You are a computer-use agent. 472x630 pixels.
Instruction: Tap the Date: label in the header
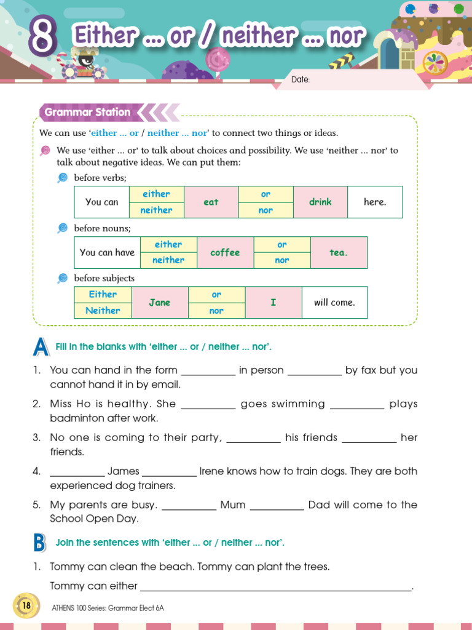[x=300, y=79]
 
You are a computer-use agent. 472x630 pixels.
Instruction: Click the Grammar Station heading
[x=87, y=112]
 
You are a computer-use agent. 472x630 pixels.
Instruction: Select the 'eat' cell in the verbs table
[x=211, y=202]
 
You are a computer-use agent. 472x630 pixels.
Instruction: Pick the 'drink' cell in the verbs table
[x=320, y=202]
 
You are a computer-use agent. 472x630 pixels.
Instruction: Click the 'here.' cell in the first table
[x=375, y=202]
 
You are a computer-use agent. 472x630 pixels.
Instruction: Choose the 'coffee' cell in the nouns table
[x=225, y=252]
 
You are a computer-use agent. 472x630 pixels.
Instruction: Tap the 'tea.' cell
[x=339, y=252]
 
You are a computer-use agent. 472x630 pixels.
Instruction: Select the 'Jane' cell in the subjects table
[x=160, y=302]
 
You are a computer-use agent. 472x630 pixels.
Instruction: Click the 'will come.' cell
[x=334, y=302]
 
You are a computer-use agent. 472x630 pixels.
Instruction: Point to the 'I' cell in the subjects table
[x=273, y=302]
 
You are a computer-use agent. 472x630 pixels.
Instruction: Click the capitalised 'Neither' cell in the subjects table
[x=103, y=310]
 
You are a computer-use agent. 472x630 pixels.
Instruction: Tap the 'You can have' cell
[x=107, y=252]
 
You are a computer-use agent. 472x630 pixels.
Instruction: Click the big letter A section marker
[x=41, y=348]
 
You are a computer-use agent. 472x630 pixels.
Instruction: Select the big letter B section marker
[x=39, y=543]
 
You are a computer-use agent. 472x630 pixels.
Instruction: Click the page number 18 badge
[x=26, y=606]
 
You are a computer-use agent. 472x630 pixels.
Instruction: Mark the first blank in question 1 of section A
[x=209, y=371]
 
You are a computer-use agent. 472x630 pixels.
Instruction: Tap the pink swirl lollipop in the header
[x=216, y=59]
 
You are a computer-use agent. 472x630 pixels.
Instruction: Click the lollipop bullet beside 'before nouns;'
[x=62, y=228]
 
